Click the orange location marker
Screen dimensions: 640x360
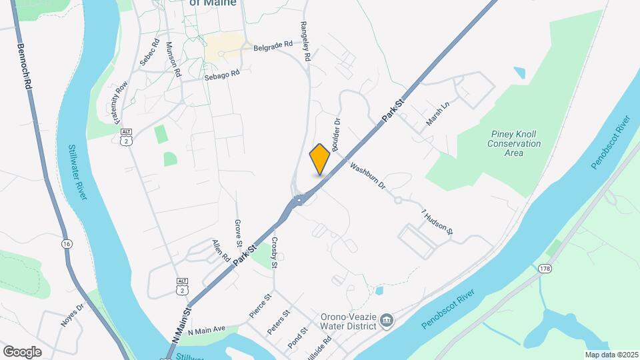320,159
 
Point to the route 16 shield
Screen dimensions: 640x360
67,243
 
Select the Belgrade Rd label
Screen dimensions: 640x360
273,46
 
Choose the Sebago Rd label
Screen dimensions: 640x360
221,75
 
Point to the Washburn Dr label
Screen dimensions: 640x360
368,175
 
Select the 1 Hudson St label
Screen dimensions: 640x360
437,223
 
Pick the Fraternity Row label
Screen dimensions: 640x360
121,103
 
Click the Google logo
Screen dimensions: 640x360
22,351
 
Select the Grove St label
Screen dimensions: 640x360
237,231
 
